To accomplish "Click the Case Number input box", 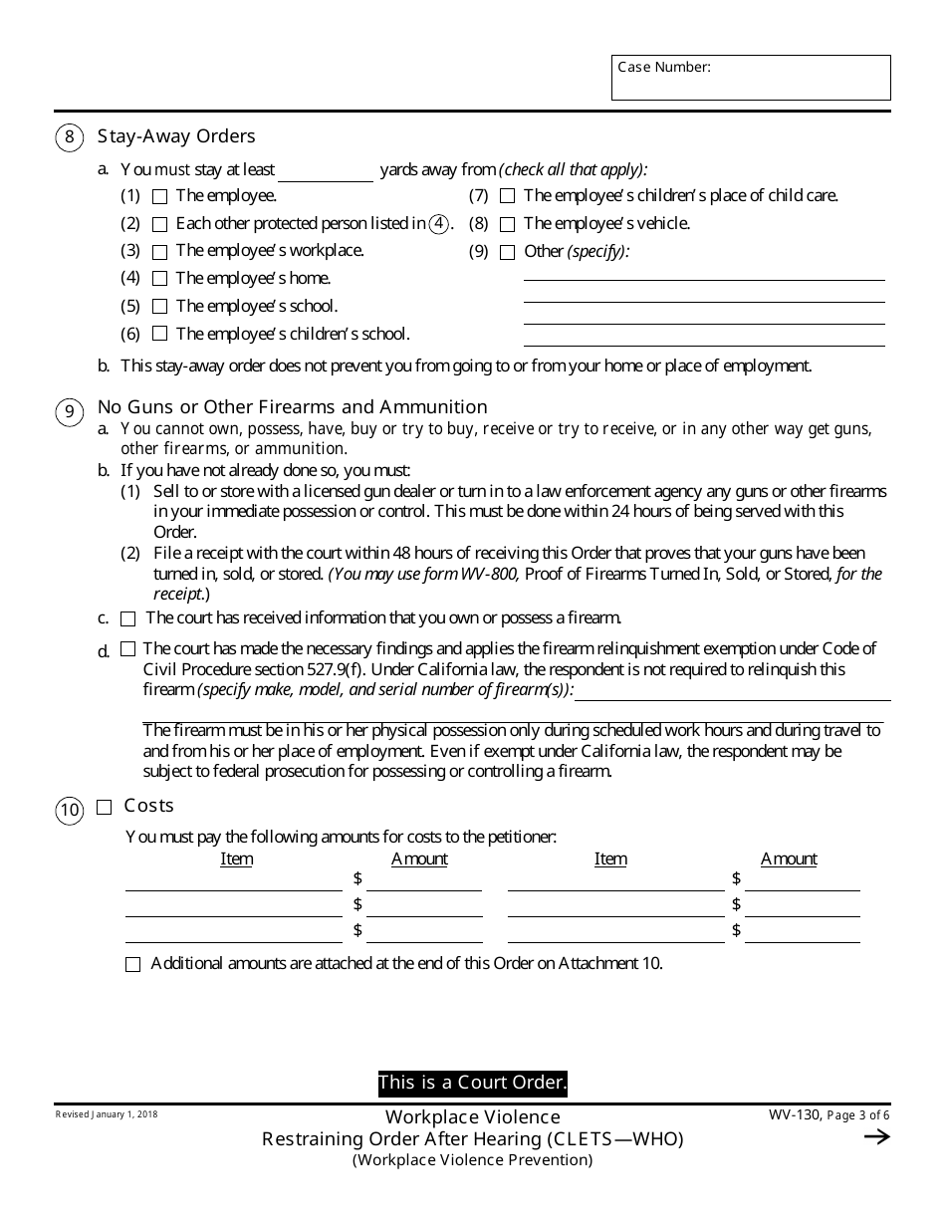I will coord(751,78).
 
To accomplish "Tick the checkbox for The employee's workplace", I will coord(159,252).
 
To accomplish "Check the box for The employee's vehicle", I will coord(507,225).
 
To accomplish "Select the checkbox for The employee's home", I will coord(159,280).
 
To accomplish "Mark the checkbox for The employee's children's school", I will coord(159,335).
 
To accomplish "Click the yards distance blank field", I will coord(326,171).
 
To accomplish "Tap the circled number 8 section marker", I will coord(69,137).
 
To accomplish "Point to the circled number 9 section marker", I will coord(69,411).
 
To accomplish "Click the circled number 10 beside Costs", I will coord(69,811).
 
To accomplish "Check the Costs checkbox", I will coord(104,808).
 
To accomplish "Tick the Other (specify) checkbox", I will coord(507,253).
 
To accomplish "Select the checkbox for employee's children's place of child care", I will coord(507,197).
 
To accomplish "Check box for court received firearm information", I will coord(127,619).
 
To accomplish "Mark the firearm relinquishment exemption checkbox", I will coord(127,649).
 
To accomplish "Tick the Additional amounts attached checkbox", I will coord(133,965).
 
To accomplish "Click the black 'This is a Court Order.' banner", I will coord(472,1083).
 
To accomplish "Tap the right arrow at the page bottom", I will coord(876,1137).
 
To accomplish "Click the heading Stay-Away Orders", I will coord(176,136).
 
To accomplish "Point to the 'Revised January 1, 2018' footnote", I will coord(107,1114).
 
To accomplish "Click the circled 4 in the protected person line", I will coord(439,224).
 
